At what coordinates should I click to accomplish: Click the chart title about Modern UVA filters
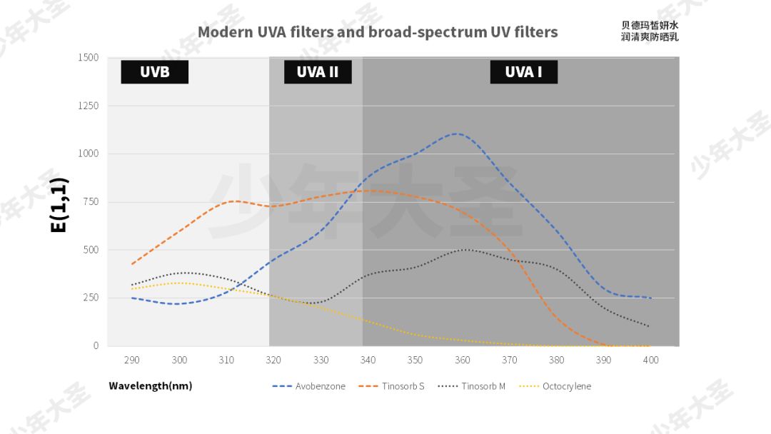pyautogui.click(x=378, y=32)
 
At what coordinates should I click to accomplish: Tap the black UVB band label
pyautogui.click(x=154, y=71)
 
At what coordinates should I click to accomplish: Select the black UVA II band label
pyautogui.click(x=317, y=71)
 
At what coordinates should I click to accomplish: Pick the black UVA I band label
pyautogui.click(x=523, y=71)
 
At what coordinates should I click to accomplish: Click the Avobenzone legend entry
pyautogui.click(x=309, y=386)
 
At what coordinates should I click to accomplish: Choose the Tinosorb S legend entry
pyautogui.click(x=393, y=386)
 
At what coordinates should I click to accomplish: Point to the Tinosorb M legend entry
pyautogui.click(x=472, y=386)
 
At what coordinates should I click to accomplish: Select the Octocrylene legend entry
pyautogui.click(x=555, y=386)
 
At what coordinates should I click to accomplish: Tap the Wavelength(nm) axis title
pyautogui.click(x=150, y=386)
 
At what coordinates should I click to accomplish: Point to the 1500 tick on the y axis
pyautogui.click(x=89, y=57)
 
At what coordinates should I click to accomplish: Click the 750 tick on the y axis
pyautogui.click(x=91, y=201)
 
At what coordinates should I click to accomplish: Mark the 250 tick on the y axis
pyautogui.click(x=91, y=298)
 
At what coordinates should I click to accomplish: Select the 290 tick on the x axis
pyautogui.click(x=131, y=360)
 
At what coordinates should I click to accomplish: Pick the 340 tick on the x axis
pyautogui.click(x=368, y=360)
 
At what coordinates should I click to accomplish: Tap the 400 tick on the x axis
pyautogui.click(x=650, y=360)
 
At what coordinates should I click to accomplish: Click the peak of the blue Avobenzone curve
pyautogui.click(x=456, y=133)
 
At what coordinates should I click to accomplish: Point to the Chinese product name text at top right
pyautogui.click(x=650, y=31)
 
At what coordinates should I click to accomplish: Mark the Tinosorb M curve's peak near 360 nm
pyautogui.click(x=465, y=249)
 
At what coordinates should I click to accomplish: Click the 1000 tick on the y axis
pyautogui.click(x=89, y=153)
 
